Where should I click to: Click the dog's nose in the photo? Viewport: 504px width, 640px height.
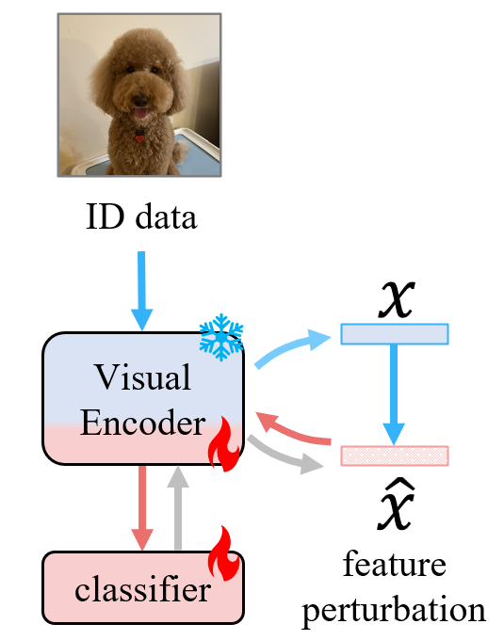pos(140,98)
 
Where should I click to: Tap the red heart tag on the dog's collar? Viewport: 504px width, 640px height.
pos(139,138)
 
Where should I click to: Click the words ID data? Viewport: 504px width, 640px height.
pos(140,218)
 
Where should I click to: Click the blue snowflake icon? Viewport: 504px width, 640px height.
pos(220,337)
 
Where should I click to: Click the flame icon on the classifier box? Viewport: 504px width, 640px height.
pos(226,555)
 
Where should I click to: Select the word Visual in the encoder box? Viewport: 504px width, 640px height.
pos(143,377)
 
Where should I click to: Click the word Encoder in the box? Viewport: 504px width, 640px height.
pos(143,424)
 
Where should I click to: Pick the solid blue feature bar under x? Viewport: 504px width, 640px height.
pos(394,333)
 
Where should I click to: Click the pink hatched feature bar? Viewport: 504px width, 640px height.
pos(394,456)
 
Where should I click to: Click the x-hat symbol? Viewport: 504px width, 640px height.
pos(394,508)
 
